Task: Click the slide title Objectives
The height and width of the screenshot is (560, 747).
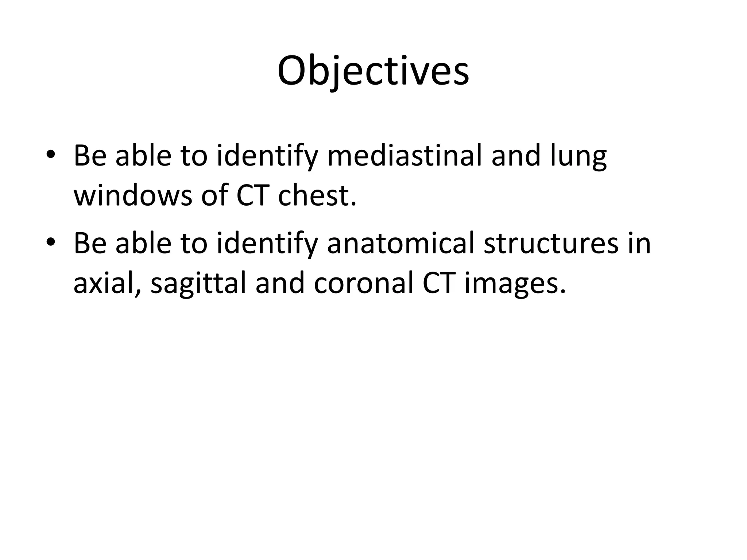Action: pyautogui.click(x=373, y=71)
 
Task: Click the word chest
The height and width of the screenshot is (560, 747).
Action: pyautogui.click(x=317, y=195)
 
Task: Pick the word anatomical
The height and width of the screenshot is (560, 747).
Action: pyautogui.click(x=401, y=243)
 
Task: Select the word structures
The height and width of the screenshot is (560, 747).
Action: pyautogui.click(x=551, y=243)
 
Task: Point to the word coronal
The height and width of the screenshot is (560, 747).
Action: pyautogui.click(x=363, y=284)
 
